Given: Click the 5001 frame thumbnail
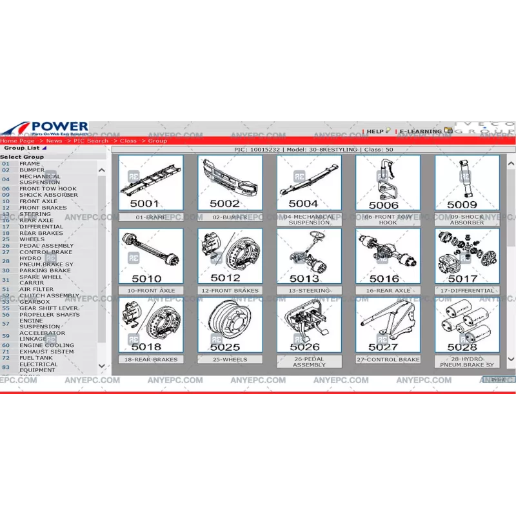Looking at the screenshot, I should pos(151,183).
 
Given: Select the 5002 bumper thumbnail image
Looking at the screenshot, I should pos(230,183).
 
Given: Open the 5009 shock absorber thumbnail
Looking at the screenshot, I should pos(466,183).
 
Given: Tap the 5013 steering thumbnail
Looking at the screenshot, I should pos(309,256).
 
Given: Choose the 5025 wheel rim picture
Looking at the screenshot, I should pos(230,325).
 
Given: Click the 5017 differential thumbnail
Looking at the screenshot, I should pos(466,256).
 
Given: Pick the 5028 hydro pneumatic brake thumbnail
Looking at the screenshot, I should pos(466,325).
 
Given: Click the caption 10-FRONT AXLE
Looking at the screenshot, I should pos(151,290).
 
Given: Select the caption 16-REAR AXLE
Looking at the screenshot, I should pos(388,290).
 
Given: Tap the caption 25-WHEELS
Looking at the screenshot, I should pos(230,359).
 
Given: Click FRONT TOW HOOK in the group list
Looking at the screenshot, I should pos(48,189).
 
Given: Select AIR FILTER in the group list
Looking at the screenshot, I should pos(36,290).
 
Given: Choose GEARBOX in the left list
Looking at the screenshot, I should pos(34,302).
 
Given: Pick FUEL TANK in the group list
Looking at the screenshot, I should pos(36,358).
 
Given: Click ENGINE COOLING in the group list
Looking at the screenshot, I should pos(46,345).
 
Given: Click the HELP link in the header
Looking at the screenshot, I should pos(375,132).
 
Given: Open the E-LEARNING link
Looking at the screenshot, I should pos(421,132).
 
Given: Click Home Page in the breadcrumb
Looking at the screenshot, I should pos(17,141).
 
